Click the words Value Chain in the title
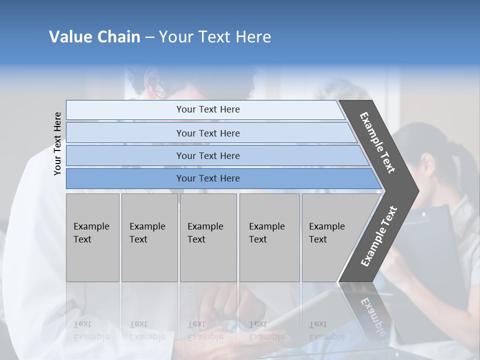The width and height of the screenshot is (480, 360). point(94,37)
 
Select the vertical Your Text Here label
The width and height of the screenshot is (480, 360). point(57,143)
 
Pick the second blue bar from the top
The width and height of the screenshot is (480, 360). point(207,133)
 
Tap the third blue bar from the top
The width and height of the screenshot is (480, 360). point(207,155)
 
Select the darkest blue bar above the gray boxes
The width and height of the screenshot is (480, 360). point(207,178)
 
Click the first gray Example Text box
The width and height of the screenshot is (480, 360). point(92,237)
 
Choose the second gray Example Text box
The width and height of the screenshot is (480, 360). point(149,237)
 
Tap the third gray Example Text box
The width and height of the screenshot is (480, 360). point(207,237)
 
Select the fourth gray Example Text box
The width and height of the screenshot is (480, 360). point(269,237)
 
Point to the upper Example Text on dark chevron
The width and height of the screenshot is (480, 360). point(377,142)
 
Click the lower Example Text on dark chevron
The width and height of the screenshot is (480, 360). point(379,236)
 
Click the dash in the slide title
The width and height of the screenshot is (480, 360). point(149,37)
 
